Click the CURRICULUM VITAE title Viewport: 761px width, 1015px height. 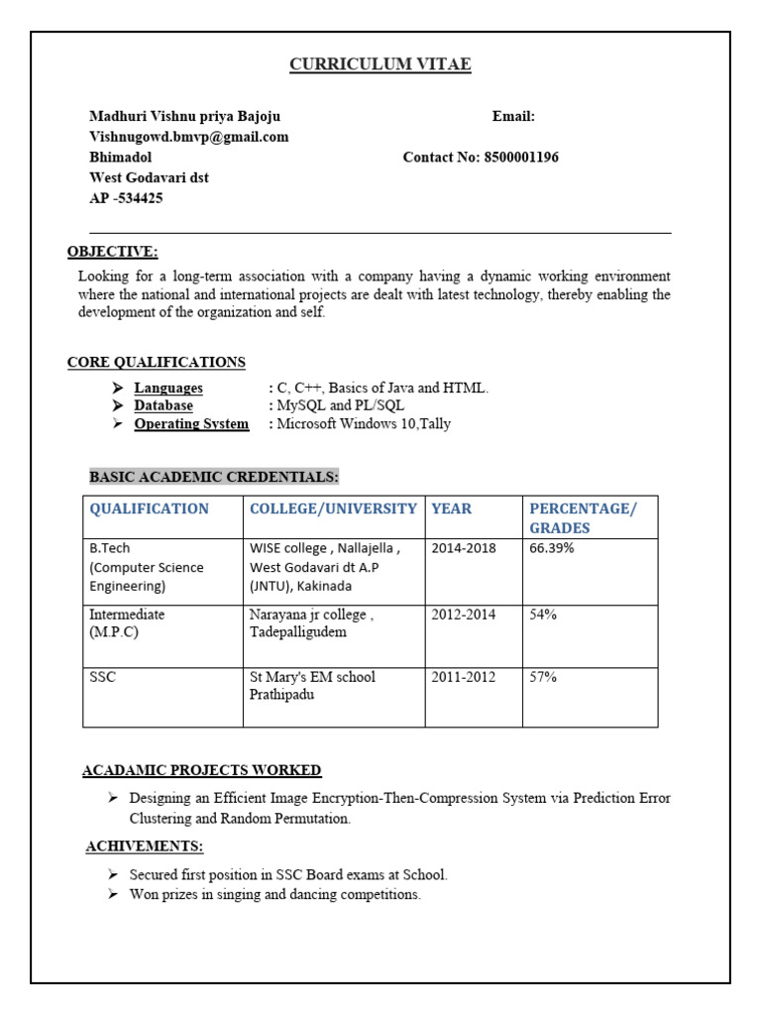(x=380, y=65)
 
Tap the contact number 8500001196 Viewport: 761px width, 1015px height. (x=520, y=158)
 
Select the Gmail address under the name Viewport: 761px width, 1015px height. (x=188, y=137)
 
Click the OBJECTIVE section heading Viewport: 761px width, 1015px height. (x=112, y=252)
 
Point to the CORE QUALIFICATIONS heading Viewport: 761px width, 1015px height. (x=156, y=362)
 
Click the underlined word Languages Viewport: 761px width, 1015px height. (x=168, y=388)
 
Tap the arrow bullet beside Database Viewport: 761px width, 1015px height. (x=117, y=405)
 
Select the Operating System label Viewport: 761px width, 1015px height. (x=191, y=424)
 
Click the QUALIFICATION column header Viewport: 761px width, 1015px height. (x=149, y=508)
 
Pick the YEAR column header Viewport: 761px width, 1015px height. (x=451, y=508)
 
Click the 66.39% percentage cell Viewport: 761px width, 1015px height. (x=553, y=548)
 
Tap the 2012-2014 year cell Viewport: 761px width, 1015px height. (x=464, y=615)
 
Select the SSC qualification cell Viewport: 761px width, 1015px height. (x=103, y=677)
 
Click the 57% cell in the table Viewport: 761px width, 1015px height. (x=543, y=677)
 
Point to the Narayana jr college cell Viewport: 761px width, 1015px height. (x=311, y=622)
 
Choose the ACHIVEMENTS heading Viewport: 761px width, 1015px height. (x=144, y=846)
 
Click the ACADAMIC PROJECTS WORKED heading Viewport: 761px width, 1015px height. (x=201, y=770)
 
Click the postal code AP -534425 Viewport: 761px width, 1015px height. (x=126, y=198)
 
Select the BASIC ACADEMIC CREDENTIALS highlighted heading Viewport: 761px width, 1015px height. (x=214, y=478)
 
